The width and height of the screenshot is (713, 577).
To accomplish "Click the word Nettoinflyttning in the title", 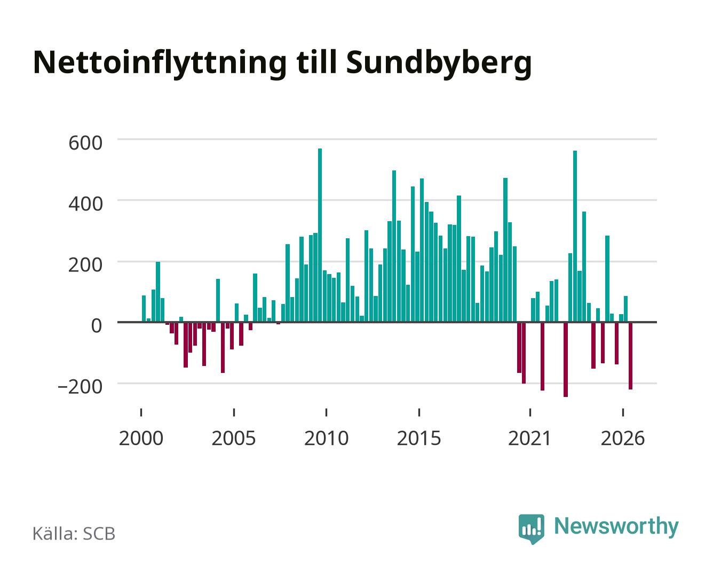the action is (160, 64).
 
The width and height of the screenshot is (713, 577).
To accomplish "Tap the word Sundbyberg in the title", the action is (439, 64).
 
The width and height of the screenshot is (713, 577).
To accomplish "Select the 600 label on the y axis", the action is (85, 143).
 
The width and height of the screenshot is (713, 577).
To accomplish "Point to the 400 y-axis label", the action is (85, 204).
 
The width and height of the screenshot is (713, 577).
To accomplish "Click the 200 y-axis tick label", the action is (85, 265).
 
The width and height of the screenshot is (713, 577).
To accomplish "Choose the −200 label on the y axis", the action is (80, 387).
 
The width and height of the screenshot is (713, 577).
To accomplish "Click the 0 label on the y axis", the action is (97, 326).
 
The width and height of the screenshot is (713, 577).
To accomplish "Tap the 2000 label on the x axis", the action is (141, 439).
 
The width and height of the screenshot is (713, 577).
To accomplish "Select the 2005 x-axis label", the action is (234, 439).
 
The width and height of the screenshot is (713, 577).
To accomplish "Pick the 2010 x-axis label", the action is (327, 439).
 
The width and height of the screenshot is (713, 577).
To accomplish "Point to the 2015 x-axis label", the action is (419, 439).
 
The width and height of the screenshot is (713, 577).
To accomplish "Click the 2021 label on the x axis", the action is (529, 439).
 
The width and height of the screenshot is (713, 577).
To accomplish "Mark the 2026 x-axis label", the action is (623, 439).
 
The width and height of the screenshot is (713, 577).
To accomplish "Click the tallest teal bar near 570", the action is (320, 235).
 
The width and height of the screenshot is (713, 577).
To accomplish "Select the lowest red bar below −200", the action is (566, 360).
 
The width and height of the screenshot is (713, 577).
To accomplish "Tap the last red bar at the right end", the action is (630, 356).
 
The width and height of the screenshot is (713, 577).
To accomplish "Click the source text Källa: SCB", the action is (74, 533).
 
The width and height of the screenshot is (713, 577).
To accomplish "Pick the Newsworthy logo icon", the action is (531, 529).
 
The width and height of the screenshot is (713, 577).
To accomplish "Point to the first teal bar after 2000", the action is (144, 309).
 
